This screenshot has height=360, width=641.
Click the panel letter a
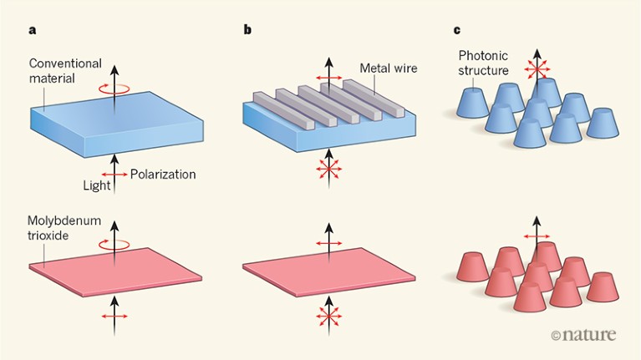pyautogui.click(x=33, y=31)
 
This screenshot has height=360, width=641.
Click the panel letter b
pyautogui.click(x=247, y=31)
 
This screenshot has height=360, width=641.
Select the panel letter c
pyautogui.click(x=456, y=31)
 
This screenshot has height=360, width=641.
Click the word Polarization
pyautogui.click(x=163, y=174)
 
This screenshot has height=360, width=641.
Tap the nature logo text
pyautogui.click(x=590, y=334)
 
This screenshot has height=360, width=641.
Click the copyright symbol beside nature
pyautogui.click(x=557, y=335)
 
